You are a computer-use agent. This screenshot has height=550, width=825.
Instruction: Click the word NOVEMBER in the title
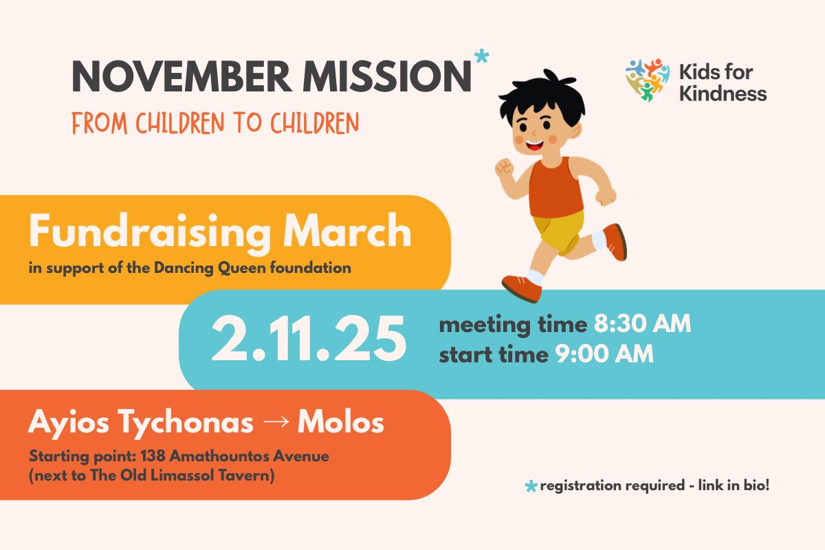click(x=182, y=76)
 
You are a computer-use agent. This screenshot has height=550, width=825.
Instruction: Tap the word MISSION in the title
click(x=386, y=76)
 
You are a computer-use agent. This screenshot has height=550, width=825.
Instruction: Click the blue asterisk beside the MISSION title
click(x=482, y=57)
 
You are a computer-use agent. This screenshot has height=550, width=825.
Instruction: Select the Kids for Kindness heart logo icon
click(x=648, y=80)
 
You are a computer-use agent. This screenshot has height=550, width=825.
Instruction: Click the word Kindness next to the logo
click(x=723, y=93)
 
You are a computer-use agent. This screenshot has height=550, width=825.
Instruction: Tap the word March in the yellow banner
click(x=347, y=230)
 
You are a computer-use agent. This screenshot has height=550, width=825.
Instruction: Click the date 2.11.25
click(x=309, y=339)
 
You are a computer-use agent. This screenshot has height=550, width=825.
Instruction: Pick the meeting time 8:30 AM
click(x=642, y=324)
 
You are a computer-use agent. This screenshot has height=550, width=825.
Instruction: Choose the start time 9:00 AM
click(x=604, y=354)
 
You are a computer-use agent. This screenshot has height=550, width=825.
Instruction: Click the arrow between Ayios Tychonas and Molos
click(x=276, y=421)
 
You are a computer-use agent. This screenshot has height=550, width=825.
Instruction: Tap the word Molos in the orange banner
click(x=341, y=422)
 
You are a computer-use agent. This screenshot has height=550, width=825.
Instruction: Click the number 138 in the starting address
click(x=153, y=456)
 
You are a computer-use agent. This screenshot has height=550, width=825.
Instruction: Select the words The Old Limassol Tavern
click(x=180, y=475)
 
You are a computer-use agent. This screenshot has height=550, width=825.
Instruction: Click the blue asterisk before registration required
click(x=531, y=486)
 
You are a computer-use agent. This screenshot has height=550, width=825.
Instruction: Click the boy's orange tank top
click(x=555, y=188)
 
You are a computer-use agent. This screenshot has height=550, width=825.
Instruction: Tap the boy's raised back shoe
click(x=615, y=242)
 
